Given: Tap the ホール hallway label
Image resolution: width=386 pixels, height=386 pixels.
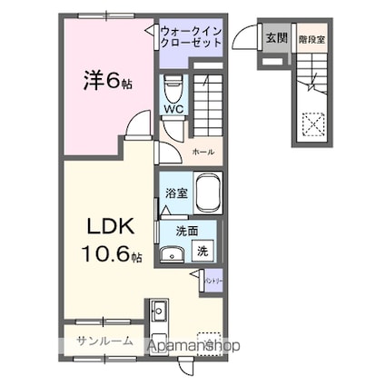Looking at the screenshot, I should (x=203, y=151).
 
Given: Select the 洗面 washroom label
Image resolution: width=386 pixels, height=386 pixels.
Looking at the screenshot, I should (x=187, y=231).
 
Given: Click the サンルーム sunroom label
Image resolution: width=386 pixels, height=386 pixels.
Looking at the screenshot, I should (x=104, y=342).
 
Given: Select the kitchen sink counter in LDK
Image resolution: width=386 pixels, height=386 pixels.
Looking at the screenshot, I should (x=158, y=317).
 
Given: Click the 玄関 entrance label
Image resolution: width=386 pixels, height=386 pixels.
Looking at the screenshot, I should (x=276, y=39).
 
